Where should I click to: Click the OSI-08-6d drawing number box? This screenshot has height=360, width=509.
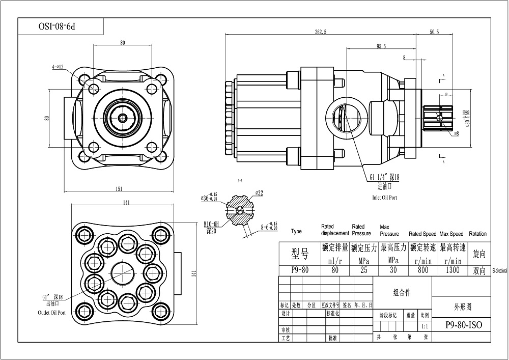click(61, 25)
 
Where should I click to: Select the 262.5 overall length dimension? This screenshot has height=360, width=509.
click(321, 32)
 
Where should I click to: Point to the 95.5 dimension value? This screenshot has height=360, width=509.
click(381, 46)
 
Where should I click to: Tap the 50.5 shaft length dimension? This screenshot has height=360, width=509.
click(434, 32)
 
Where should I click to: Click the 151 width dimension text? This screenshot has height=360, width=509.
click(119, 189)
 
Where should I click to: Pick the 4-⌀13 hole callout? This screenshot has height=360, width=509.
click(58, 67)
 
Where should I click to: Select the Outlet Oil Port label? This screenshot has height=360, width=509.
click(51, 313)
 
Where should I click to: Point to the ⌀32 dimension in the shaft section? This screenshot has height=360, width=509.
click(259, 193)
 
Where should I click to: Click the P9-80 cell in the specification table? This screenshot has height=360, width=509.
click(299, 270)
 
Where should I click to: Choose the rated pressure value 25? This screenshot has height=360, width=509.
click(363, 270)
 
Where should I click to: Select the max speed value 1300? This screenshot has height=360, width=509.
click(453, 270)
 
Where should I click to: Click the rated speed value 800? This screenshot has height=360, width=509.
click(423, 270)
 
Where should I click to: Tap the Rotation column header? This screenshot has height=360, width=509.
click(477, 234)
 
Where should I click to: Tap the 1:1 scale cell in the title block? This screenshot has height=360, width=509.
click(425, 324)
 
